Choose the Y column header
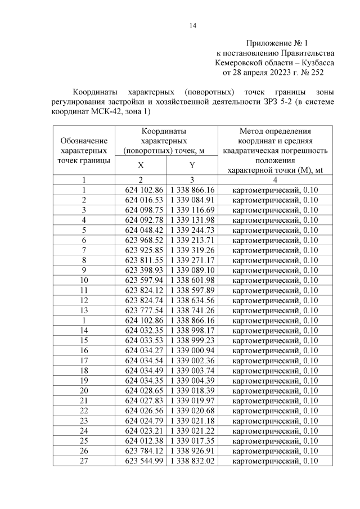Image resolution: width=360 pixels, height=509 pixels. click(192, 165)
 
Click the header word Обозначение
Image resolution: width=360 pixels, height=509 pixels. click(84, 141)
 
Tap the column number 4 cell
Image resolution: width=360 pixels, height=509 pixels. click(275, 180)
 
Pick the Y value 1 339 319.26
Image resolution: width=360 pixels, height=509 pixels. click(192, 250)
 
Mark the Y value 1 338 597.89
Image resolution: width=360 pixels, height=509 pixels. click(192, 290)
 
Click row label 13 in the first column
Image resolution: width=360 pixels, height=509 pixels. click(84, 310)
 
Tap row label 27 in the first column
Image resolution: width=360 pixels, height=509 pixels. click(84, 461)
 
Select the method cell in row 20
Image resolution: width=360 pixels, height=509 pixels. click(275, 390)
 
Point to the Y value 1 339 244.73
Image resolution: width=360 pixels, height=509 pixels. click(192, 230)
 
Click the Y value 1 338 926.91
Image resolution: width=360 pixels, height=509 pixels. click(192, 451)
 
